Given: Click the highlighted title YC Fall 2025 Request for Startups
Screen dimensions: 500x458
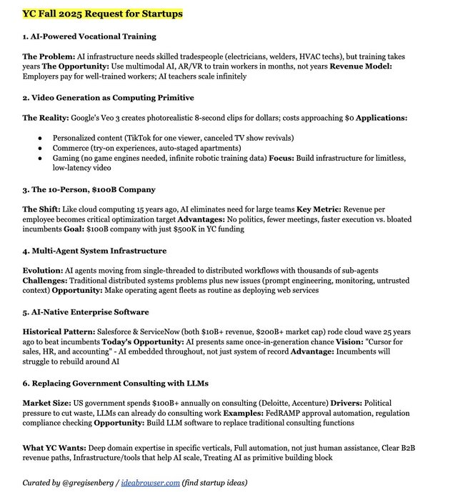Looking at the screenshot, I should click(103, 14).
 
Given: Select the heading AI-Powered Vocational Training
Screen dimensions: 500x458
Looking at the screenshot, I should click(90, 36).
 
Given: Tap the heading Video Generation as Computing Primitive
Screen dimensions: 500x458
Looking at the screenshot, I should click(108, 97).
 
